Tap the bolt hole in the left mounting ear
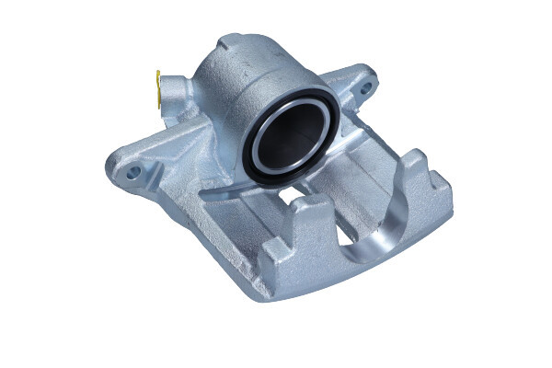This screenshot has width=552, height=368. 133,171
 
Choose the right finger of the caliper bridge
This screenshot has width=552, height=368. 432,184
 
